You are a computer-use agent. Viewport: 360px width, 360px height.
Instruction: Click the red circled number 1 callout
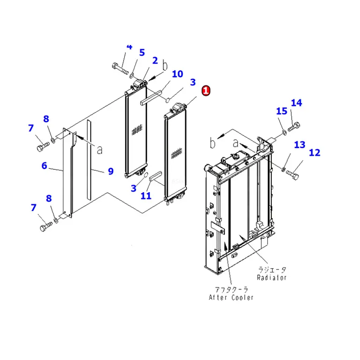pyautogui.click(x=206, y=90)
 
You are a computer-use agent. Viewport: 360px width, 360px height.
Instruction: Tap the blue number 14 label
pyautogui.click(x=296, y=103)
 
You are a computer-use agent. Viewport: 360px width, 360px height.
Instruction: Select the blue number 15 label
pyautogui.click(x=282, y=111)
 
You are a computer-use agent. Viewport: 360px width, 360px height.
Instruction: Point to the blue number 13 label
pyautogui.click(x=300, y=145)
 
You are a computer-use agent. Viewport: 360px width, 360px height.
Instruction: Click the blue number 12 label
pyautogui.click(x=315, y=152)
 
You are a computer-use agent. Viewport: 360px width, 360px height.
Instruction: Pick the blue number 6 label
pyautogui.click(x=45, y=165)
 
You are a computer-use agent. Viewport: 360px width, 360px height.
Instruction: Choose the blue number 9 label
pyautogui.click(x=111, y=171)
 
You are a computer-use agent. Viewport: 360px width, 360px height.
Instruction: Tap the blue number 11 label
pyautogui.click(x=146, y=196)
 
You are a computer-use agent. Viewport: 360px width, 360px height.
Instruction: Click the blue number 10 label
pyautogui.click(x=178, y=74)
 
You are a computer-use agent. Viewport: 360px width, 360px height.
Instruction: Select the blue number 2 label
pyautogui.click(x=155, y=60)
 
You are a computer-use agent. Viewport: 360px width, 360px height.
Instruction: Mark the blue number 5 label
pyautogui.click(x=142, y=52)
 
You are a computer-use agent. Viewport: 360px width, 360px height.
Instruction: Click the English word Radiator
pyautogui.click(x=271, y=277)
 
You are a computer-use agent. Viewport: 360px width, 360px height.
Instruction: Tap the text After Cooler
pyautogui.click(x=231, y=298)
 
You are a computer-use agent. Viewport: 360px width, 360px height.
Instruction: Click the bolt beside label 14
pyautogui.click(x=294, y=127)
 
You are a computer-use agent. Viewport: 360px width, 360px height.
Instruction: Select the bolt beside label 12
pyautogui.click(x=292, y=175)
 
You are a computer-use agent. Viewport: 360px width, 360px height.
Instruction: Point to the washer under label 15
pyautogui.click(x=284, y=132)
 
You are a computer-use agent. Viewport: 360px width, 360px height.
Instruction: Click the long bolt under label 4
pyautogui.click(x=120, y=68)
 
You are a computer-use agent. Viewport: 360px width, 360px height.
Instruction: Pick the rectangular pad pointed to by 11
pyautogui.click(x=156, y=176)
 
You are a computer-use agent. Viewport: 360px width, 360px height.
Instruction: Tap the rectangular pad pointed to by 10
pyautogui.click(x=151, y=97)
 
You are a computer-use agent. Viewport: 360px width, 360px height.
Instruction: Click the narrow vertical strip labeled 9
pyautogui.click(x=89, y=159)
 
